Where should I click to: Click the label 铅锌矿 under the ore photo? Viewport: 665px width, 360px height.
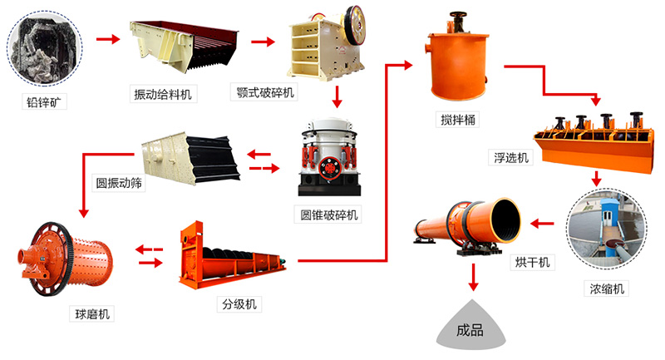click(44, 103)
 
